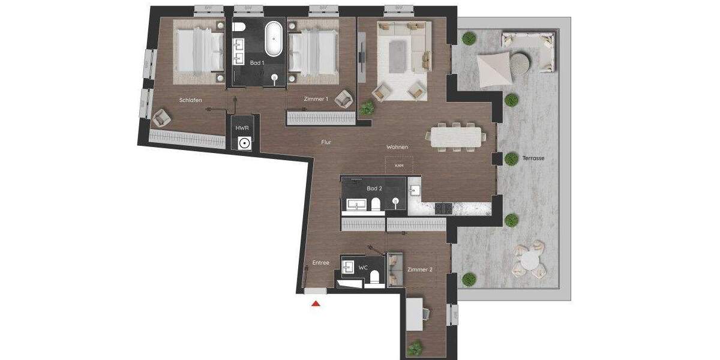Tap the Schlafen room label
190,100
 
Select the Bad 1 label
257,62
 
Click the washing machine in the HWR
244,143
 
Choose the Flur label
326,142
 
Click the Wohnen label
397,146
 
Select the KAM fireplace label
399,165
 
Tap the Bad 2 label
375,188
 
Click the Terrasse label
533,158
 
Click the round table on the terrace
529,260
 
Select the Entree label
321,263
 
